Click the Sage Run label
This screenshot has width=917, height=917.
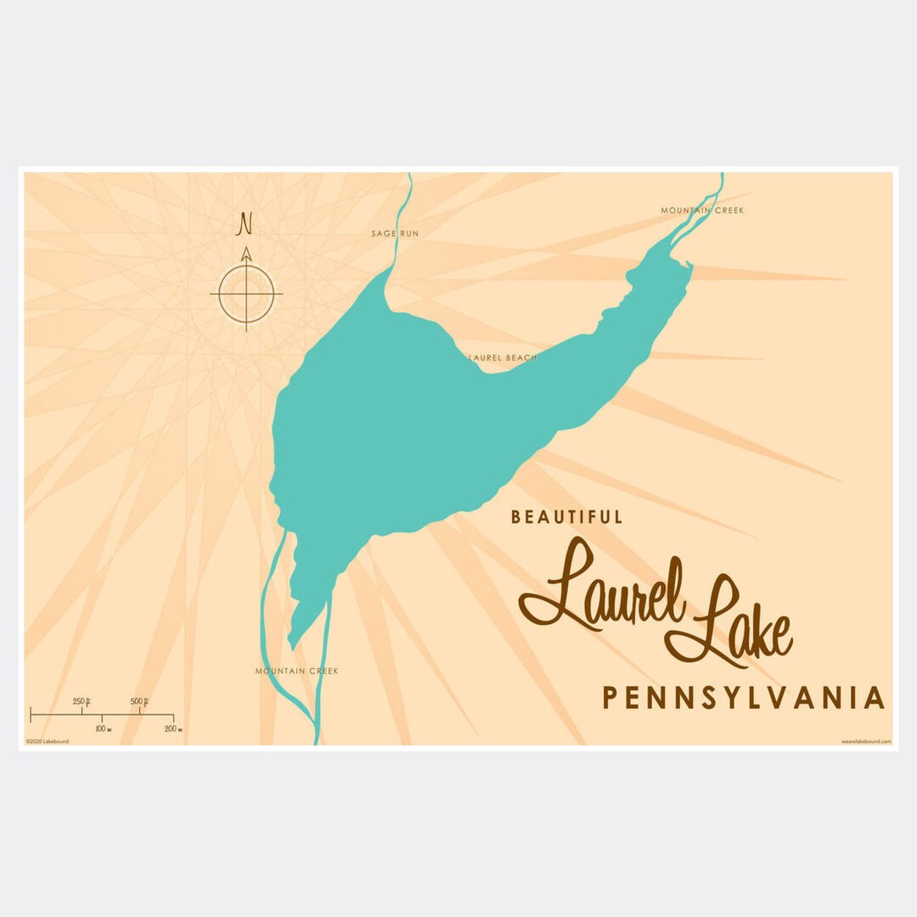(395, 233)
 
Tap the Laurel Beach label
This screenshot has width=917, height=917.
(503, 358)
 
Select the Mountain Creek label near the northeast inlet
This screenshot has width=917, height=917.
(702, 211)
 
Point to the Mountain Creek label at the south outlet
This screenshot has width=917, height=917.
(296, 672)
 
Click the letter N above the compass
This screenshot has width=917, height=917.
(245, 223)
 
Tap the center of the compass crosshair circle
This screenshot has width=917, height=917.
(246, 294)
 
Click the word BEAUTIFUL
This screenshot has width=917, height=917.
(567, 516)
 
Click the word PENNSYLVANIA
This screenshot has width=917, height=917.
(744, 698)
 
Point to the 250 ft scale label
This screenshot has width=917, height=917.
(82, 701)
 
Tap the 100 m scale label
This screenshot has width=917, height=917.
(101, 729)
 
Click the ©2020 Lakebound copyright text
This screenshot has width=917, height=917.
(48, 741)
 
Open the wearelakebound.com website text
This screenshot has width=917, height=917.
(866, 741)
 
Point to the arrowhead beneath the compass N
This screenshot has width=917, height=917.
(246, 254)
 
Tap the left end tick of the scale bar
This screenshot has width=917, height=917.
(31, 714)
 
